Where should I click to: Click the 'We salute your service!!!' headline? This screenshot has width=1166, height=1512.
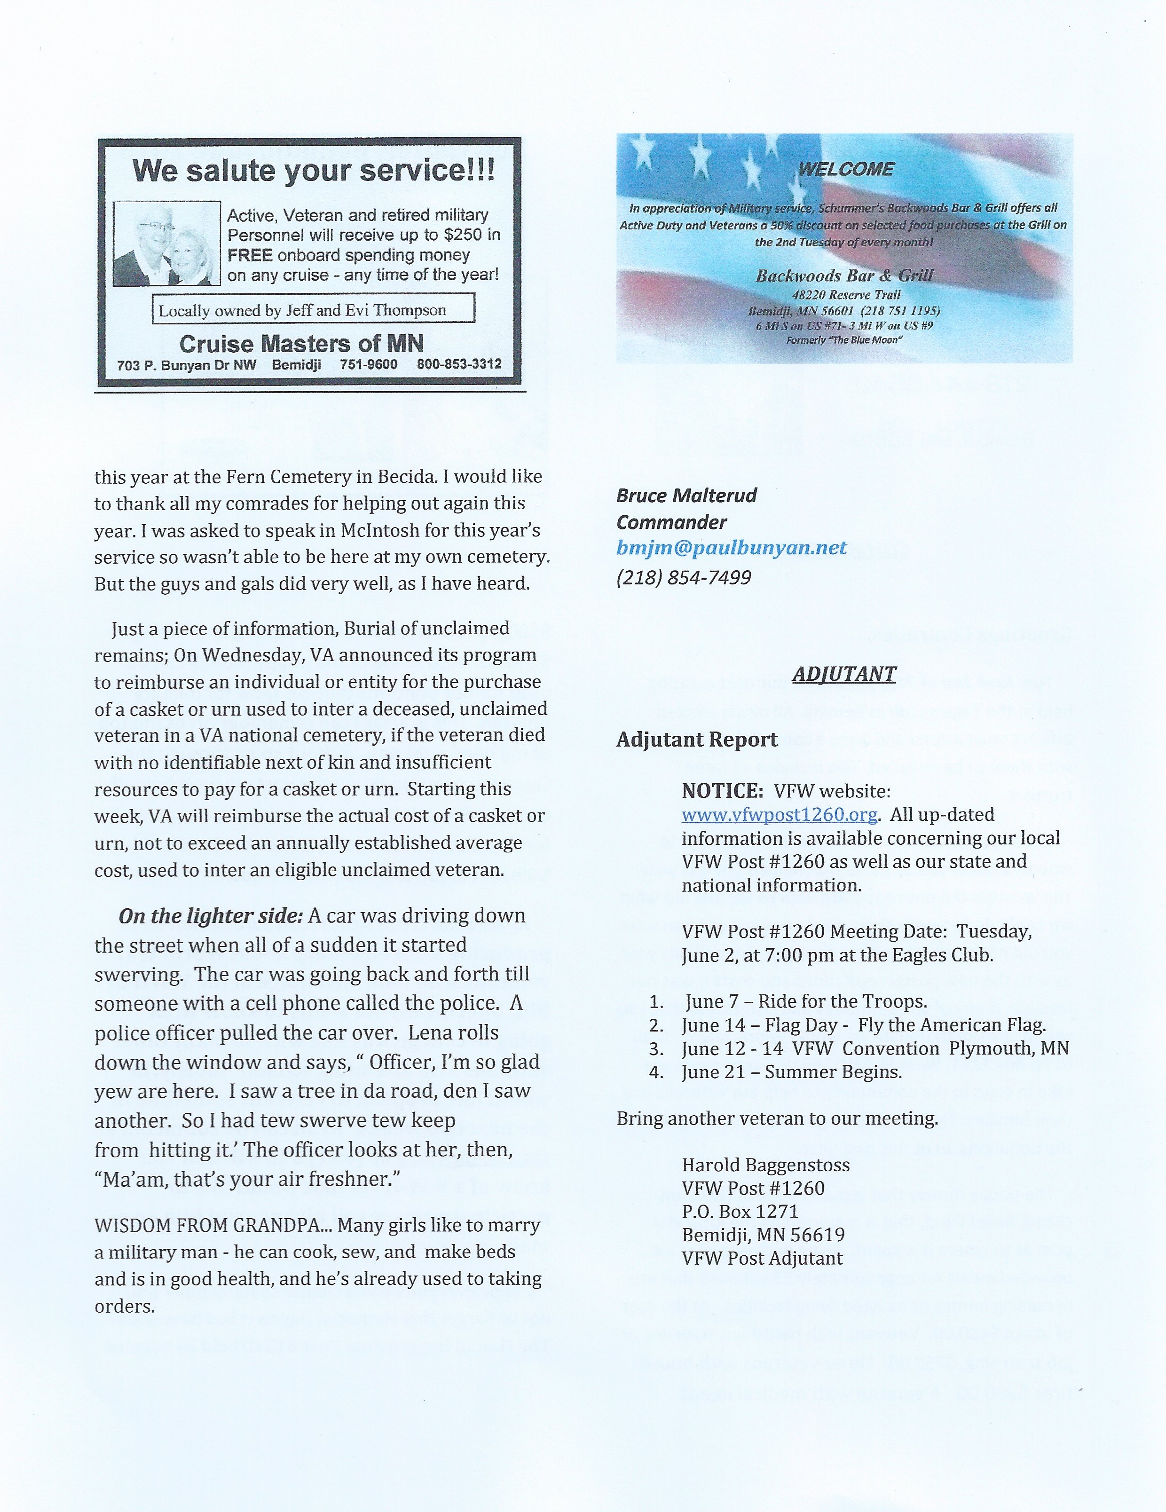pos(314,170)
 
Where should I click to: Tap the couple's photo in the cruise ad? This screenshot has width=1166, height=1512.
pos(166,244)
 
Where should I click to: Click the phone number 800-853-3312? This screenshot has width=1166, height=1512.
pos(459,364)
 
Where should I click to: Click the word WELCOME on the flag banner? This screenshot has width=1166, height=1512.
pos(845,169)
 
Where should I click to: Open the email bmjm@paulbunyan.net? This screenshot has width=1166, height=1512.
pos(731,548)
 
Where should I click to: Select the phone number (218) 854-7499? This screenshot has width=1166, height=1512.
pos(684,577)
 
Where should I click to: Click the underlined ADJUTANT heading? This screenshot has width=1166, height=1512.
pos(844,674)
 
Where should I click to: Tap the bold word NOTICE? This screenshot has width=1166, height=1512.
pos(722,791)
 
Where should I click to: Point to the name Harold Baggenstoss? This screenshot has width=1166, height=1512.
pos(766,1165)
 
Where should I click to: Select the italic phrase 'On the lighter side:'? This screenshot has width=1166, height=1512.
pos(211,916)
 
